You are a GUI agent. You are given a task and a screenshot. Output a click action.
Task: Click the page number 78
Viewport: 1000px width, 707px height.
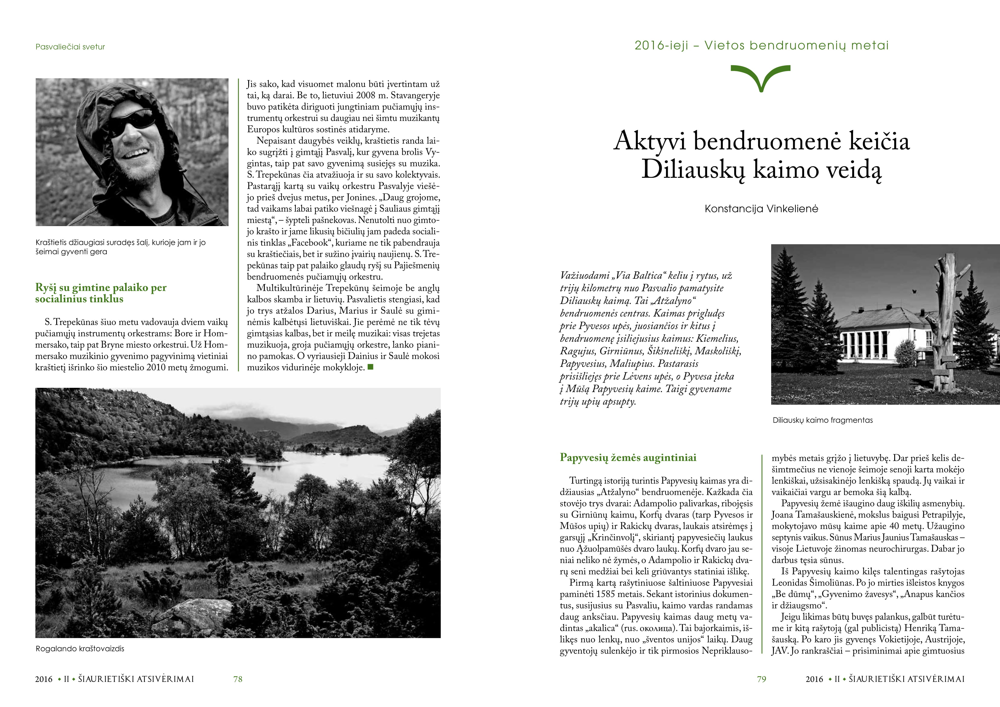click(238, 679)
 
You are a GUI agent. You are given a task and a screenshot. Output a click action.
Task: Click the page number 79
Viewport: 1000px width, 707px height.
click(761, 679)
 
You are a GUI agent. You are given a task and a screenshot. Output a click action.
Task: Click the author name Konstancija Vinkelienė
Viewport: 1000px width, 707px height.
click(761, 209)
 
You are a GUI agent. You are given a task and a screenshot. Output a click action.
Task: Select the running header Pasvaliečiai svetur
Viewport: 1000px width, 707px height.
click(70, 47)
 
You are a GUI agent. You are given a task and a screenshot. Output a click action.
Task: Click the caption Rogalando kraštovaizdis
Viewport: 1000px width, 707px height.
click(80, 649)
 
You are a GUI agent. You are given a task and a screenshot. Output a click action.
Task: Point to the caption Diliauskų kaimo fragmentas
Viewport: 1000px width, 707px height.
click(822, 420)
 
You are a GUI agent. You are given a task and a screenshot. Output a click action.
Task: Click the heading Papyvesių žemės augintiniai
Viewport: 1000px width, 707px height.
click(628, 457)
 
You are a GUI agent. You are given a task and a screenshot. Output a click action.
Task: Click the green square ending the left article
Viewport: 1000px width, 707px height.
click(371, 367)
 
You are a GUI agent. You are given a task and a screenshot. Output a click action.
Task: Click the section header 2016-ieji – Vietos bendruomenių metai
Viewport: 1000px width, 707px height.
click(761, 45)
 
